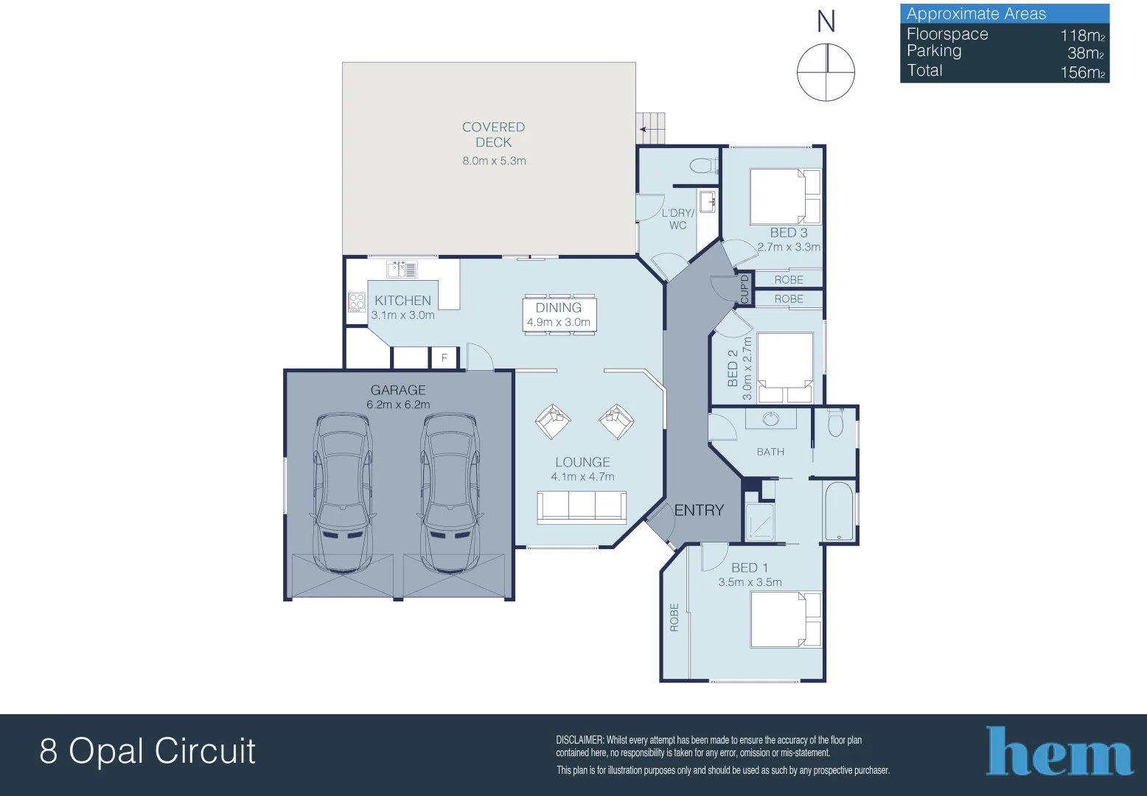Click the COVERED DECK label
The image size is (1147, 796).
[x=493, y=135]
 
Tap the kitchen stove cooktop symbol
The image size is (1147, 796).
[x=357, y=302]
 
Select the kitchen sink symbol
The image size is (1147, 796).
[x=402, y=269]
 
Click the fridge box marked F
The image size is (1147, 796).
[x=444, y=358]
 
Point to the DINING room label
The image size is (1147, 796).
[x=559, y=308]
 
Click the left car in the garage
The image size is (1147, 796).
[x=342, y=492]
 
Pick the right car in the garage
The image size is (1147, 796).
[x=450, y=492]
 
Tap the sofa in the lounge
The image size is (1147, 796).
[x=582, y=507]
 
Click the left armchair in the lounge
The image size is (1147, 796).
[x=553, y=422]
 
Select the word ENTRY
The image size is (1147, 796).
[x=699, y=510]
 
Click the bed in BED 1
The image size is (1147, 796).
[x=786, y=620]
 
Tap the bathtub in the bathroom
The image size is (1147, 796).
[x=839, y=512]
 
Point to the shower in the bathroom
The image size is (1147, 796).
[x=759, y=522]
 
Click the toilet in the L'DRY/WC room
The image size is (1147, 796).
[x=703, y=165]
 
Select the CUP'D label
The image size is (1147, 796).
[x=745, y=288]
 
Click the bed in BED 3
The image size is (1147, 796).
[x=786, y=196]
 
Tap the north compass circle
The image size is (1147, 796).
[x=826, y=72]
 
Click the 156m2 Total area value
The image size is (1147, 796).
[x=1082, y=72]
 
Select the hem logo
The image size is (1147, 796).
[x=1059, y=752]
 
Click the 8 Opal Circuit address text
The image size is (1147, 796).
[x=147, y=751]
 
